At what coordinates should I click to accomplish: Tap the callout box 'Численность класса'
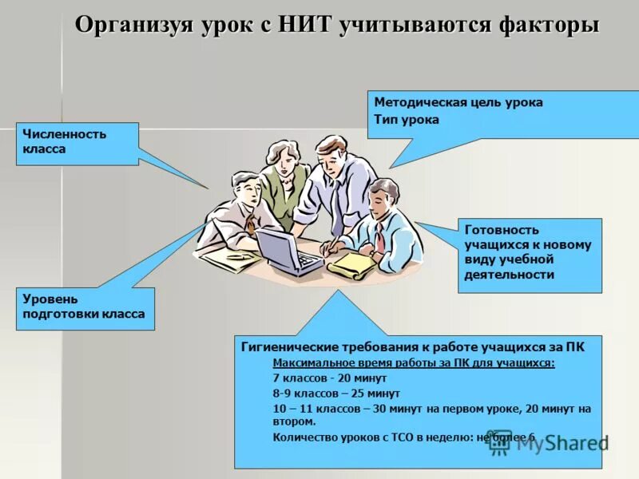pos(77,143)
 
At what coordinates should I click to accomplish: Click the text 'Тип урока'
pos(407,120)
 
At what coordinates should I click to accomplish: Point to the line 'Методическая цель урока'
pos(458,102)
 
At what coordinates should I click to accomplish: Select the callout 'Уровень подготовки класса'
pos(85,307)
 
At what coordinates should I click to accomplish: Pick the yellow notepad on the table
pos(351,264)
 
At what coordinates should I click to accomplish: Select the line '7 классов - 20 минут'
pos(330,378)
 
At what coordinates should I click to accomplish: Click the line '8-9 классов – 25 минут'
pos(336,393)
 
